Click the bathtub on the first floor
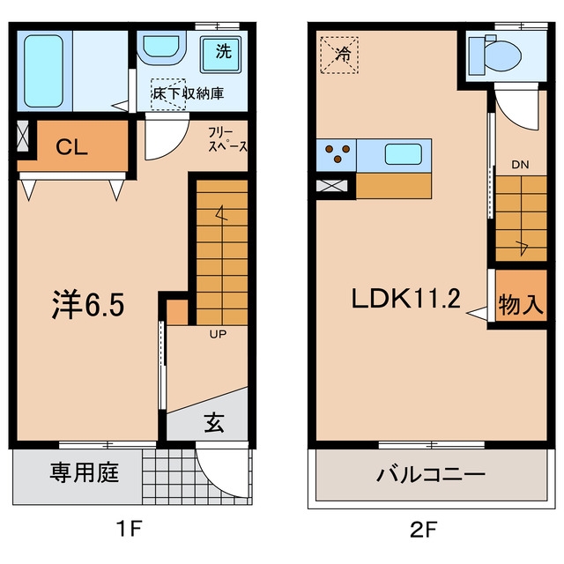coord(44,71)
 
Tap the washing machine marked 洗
coord(220,55)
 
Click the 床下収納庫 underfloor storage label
coord(188,93)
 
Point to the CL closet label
coord(72,147)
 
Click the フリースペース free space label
coord(228,140)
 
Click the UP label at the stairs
coord(218,334)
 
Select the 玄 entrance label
coord(214,422)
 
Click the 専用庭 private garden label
coord(85,472)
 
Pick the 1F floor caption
coord(129,529)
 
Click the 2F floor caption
coord(424,530)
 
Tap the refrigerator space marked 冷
coord(339,55)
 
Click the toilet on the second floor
coord(496,56)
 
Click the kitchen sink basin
coord(404,154)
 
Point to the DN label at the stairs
coord(520,165)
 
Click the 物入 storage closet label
coord(521,305)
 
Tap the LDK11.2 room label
coord(405,299)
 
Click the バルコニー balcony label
coord(431,474)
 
